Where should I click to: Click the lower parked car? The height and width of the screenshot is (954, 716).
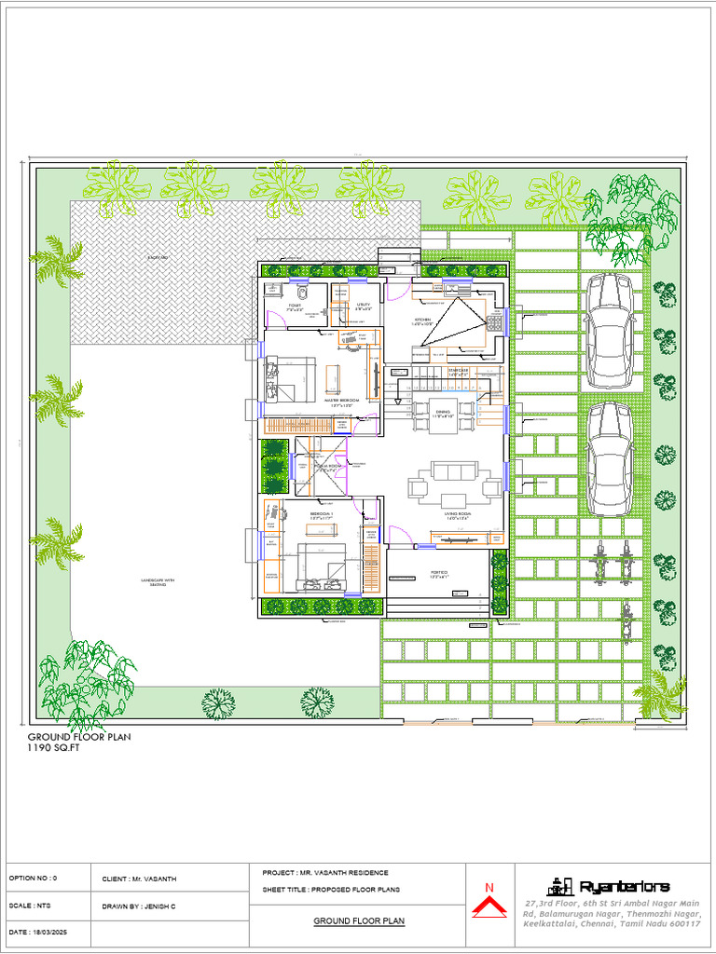(611, 456)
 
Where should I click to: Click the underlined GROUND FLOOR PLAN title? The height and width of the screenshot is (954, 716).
(358, 920)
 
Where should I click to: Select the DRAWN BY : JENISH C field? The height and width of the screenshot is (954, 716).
(146, 906)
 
